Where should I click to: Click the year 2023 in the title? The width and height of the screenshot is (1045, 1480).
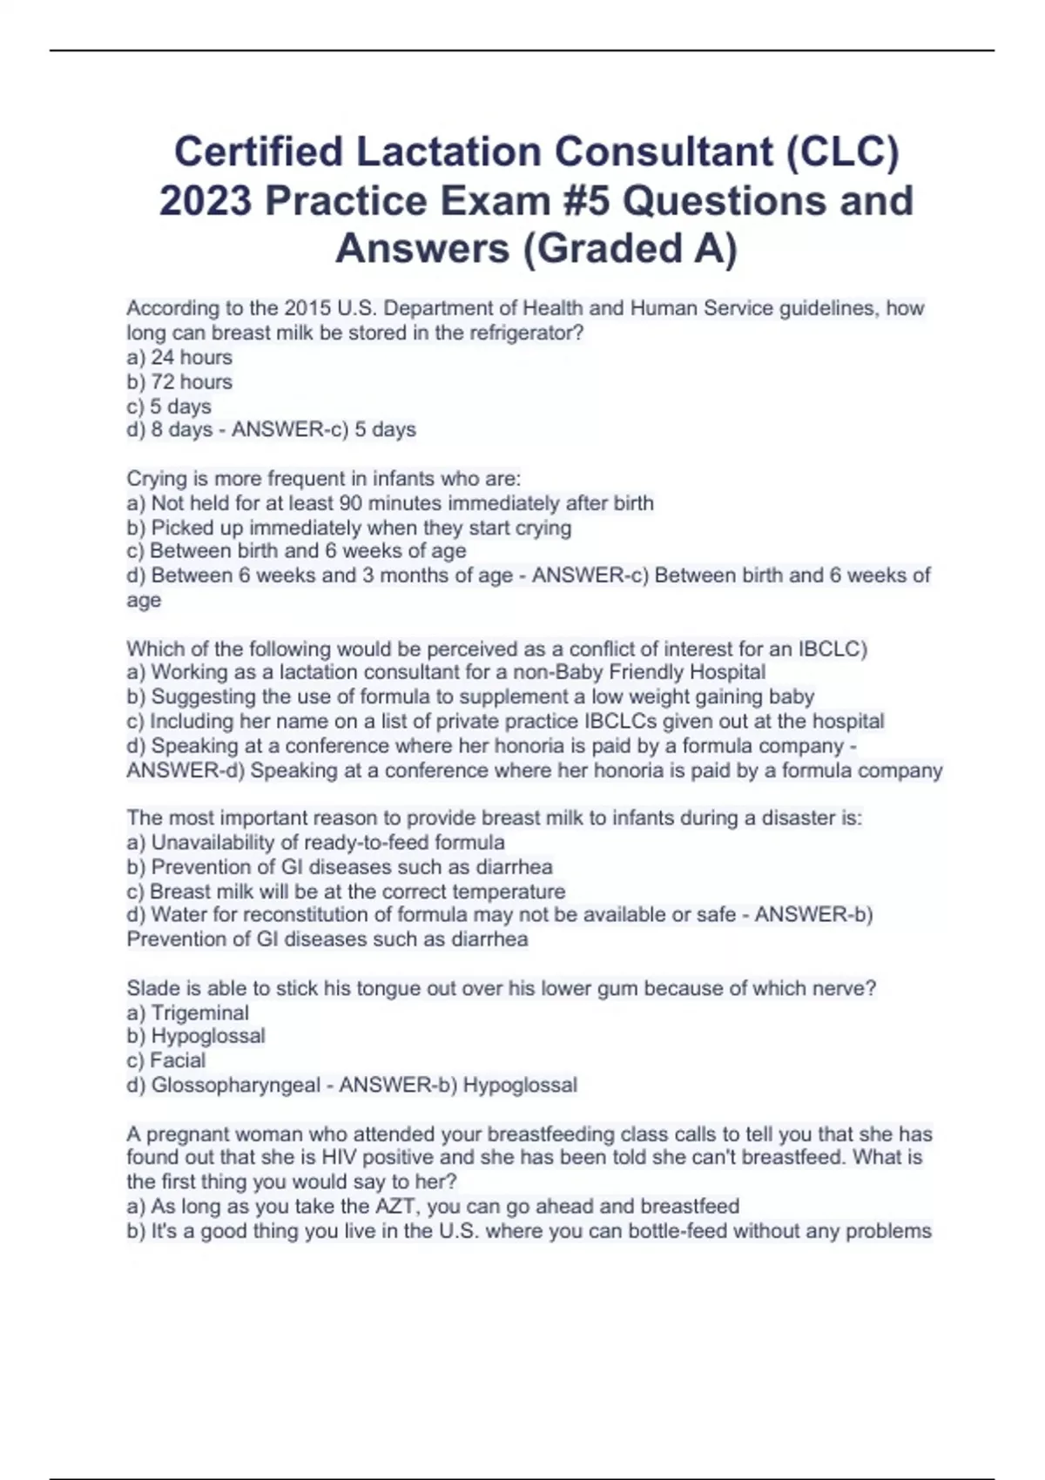(x=206, y=200)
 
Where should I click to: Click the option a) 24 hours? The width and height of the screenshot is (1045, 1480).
(x=179, y=357)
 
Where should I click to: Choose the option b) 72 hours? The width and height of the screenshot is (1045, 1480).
(x=179, y=381)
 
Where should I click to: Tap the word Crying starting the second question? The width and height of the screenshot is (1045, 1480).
(x=154, y=478)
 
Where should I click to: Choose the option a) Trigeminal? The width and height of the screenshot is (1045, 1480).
(x=187, y=1012)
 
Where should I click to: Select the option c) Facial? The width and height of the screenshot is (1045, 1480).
(x=166, y=1060)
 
